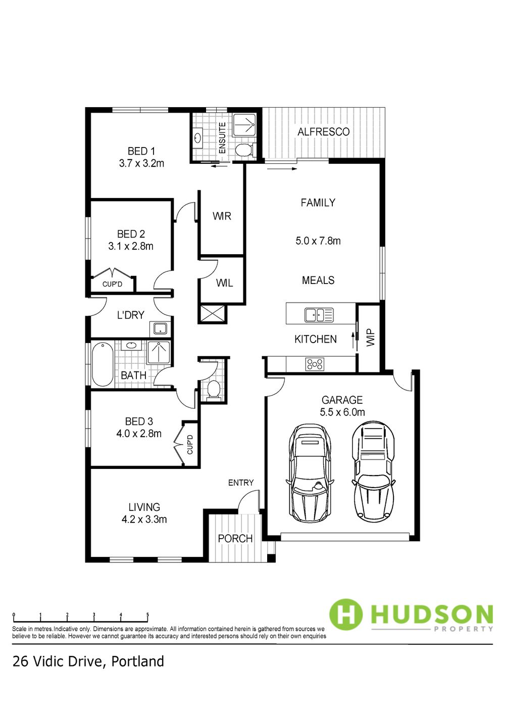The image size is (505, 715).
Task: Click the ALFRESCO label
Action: (x=323, y=132)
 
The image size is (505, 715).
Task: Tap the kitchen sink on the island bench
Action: (x=319, y=315)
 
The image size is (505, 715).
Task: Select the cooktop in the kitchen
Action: (x=315, y=364)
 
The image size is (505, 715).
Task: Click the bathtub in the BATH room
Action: (x=103, y=364)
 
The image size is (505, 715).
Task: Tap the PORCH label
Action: (x=235, y=539)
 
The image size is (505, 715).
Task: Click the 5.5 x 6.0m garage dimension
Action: (x=342, y=412)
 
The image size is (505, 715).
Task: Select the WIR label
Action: (x=222, y=216)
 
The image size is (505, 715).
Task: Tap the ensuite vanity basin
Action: (x=197, y=138)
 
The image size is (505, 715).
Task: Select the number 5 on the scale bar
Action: (x=147, y=614)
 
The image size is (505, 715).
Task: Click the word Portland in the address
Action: (x=137, y=661)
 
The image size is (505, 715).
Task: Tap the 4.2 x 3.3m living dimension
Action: (x=144, y=519)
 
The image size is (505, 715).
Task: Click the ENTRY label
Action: (x=241, y=483)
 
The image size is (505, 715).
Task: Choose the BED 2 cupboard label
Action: (x=112, y=284)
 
